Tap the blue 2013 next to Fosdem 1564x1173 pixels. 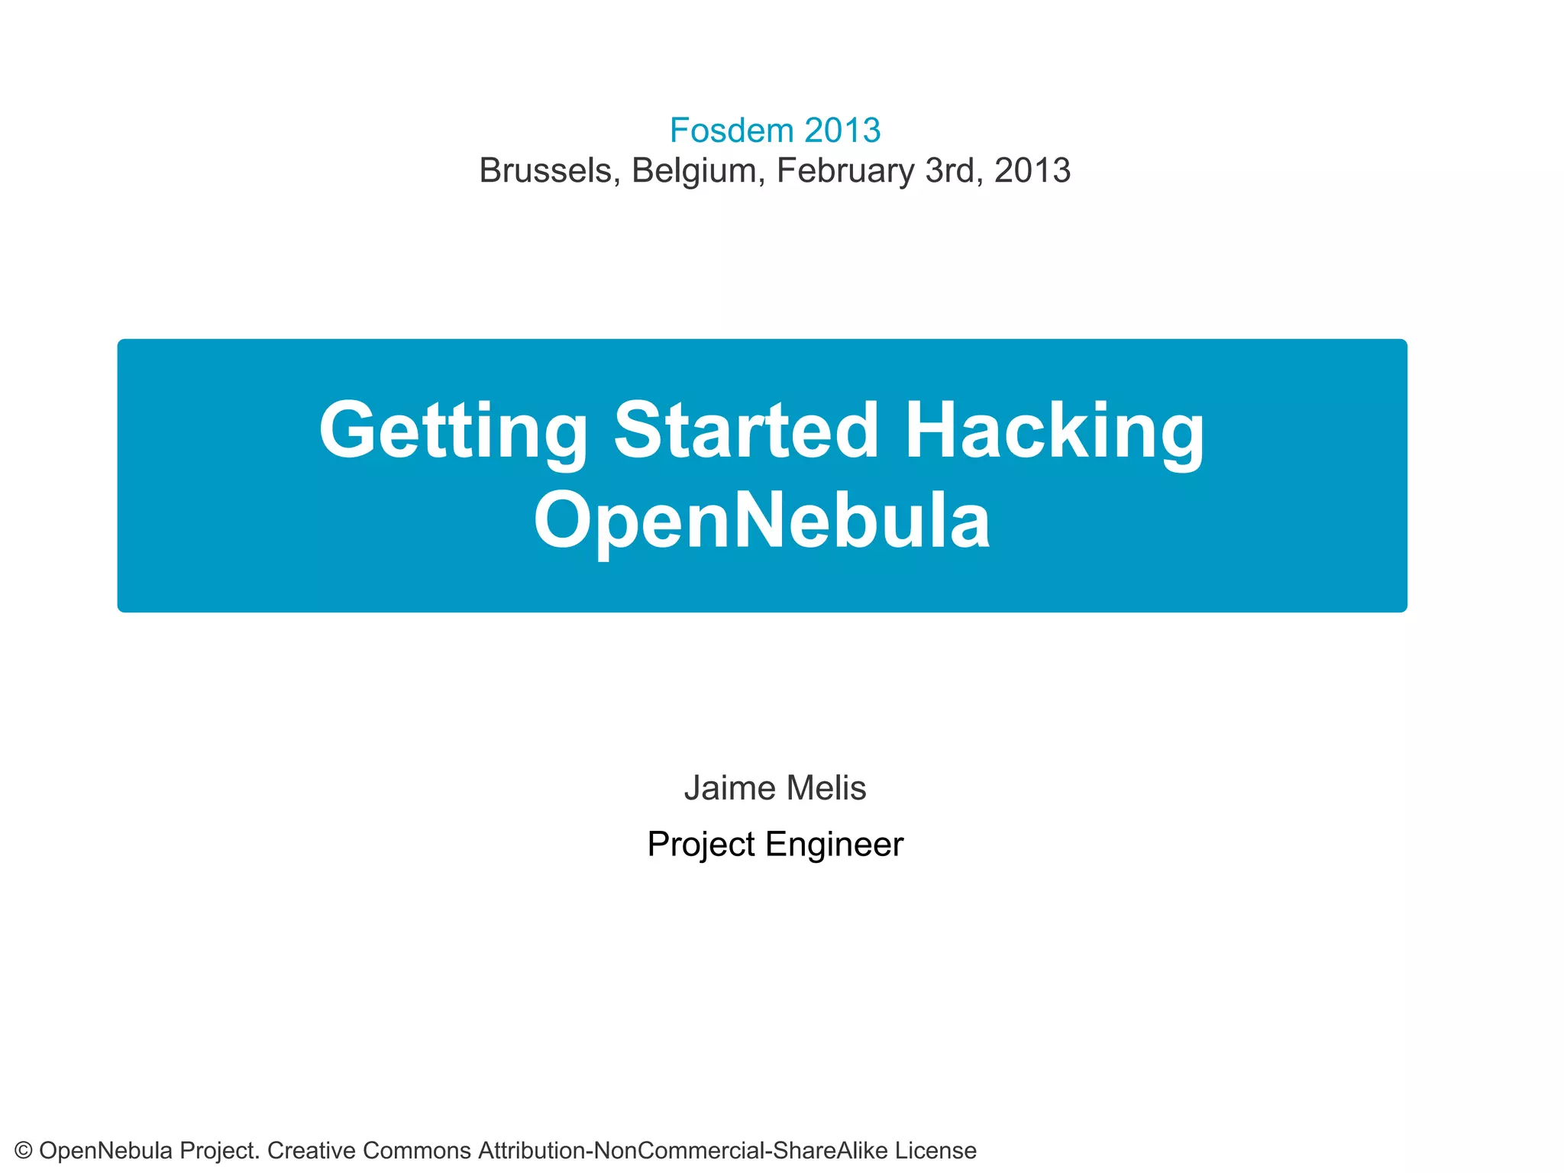pos(842,131)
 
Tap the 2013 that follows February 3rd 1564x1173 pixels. pos(1032,170)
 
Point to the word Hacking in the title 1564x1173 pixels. pos(1054,431)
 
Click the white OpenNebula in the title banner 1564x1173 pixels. pos(762,522)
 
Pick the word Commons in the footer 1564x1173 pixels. pos(417,1150)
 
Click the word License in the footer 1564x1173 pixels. pos(935,1150)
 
